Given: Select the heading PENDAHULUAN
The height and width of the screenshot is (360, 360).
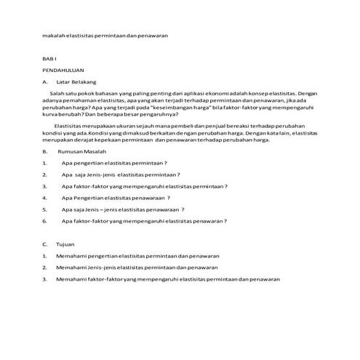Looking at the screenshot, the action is click(x=62, y=70).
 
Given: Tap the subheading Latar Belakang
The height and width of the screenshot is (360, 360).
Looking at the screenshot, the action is click(x=81, y=82).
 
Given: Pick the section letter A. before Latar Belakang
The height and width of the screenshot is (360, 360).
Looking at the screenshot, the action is click(x=45, y=82).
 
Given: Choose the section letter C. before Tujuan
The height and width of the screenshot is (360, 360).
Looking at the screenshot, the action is click(x=45, y=244).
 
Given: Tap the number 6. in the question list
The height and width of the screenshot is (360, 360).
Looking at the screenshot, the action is click(x=45, y=220).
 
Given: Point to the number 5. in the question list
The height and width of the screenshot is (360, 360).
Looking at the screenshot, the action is click(x=45, y=209).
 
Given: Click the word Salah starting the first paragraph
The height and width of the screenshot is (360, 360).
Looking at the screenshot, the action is click(x=58, y=95).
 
